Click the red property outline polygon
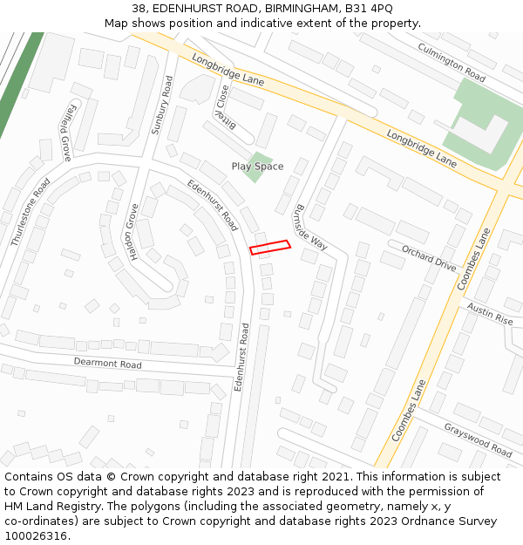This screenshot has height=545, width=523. click(x=270, y=247)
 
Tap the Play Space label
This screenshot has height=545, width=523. click(x=257, y=167)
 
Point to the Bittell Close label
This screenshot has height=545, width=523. click(x=223, y=106)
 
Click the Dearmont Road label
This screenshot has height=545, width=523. click(x=107, y=363)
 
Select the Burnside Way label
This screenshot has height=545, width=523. click(x=310, y=228)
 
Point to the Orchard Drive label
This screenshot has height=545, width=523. click(x=429, y=258)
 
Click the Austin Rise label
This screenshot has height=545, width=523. click(x=490, y=314)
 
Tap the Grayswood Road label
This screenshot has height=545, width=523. click(x=478, y=439)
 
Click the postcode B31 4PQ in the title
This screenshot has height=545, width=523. click(x=368, y=9)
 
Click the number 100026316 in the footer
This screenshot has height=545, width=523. click(x=36, y=536)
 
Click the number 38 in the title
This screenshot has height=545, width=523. click(x=139, y=9)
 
